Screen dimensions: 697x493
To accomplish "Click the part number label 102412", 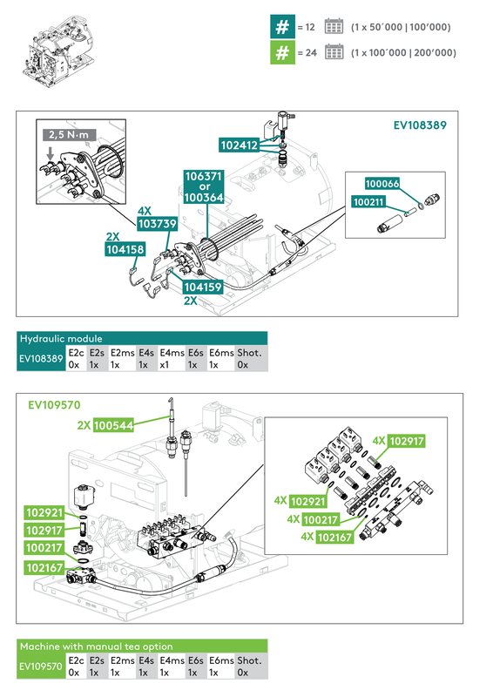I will (239, 146).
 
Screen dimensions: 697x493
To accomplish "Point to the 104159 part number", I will (201, 285).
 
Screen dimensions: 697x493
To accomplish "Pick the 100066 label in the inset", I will (382, 184).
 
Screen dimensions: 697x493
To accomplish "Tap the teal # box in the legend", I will (280, 27).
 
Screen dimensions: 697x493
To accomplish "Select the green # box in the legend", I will (280, 52).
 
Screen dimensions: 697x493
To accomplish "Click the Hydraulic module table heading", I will (61, 338).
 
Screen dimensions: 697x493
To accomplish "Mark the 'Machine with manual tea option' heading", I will (97, 646).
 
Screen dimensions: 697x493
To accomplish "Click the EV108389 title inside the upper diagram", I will (420, 125).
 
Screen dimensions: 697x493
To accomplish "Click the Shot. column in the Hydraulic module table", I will (250, 358).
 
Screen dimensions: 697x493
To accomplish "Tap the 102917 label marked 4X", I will (407, 442).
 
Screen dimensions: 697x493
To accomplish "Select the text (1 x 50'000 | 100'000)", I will (401, 27).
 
